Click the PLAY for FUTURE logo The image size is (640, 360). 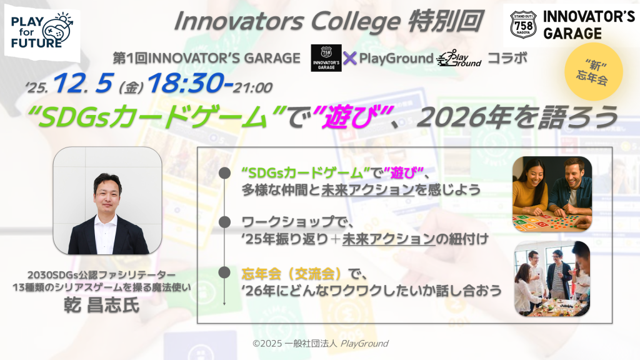(42, 31)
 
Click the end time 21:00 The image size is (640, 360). (252, 87)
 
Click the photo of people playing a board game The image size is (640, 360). (551, 194)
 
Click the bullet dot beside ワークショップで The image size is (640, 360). (223, 222)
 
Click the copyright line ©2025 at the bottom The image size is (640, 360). (320, 343)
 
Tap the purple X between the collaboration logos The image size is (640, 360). (350, 58)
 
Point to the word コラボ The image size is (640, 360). (507, 58)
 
